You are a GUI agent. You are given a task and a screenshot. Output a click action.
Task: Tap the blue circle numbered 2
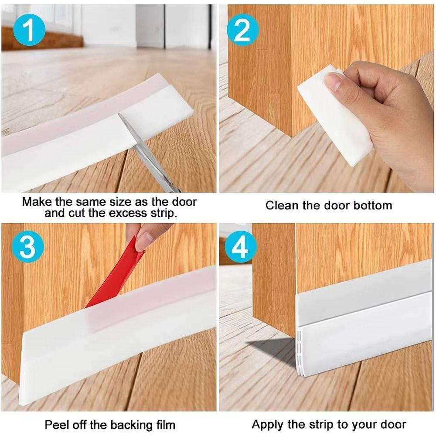(243, 29)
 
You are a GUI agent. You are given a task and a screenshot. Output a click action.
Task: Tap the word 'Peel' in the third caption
(56, 424)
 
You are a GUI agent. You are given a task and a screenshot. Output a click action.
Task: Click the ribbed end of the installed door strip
(301, 353)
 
